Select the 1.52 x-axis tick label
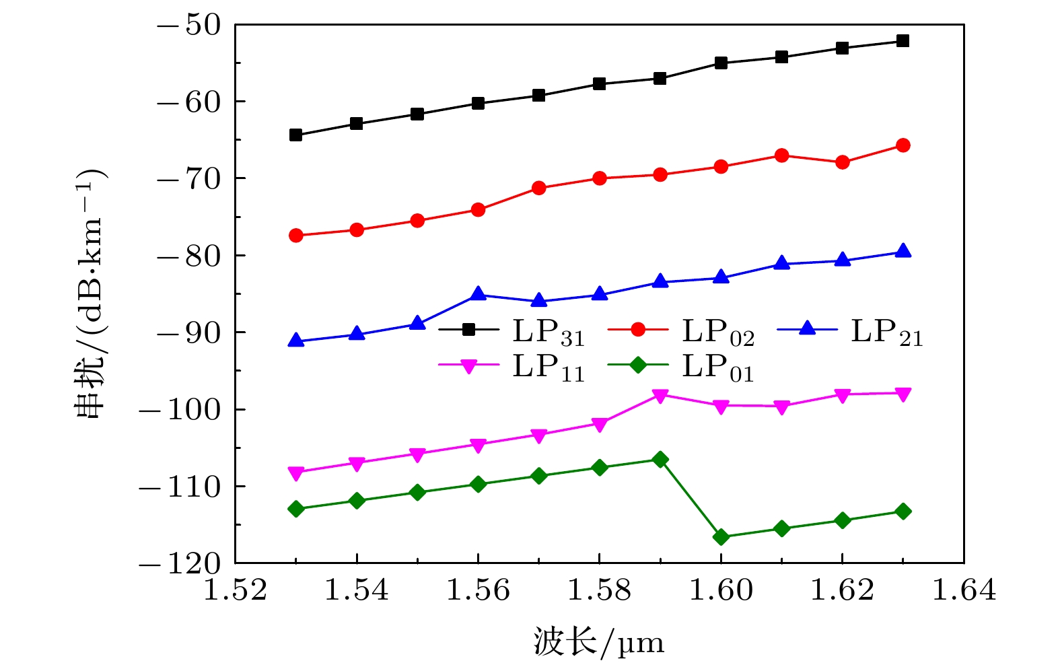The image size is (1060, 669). [236, 590]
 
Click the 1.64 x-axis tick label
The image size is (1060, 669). [964, 590]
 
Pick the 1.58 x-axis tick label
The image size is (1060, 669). [600, 590]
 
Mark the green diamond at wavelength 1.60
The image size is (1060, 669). [721, 537]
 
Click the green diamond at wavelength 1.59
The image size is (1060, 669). [660, 460]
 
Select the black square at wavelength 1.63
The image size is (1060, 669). [903, 41]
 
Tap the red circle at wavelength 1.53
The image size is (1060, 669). [296, 236]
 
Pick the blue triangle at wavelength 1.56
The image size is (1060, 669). [479, 294]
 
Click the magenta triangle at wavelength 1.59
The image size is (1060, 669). [660, 396]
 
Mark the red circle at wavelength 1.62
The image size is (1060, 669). [843, 162]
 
